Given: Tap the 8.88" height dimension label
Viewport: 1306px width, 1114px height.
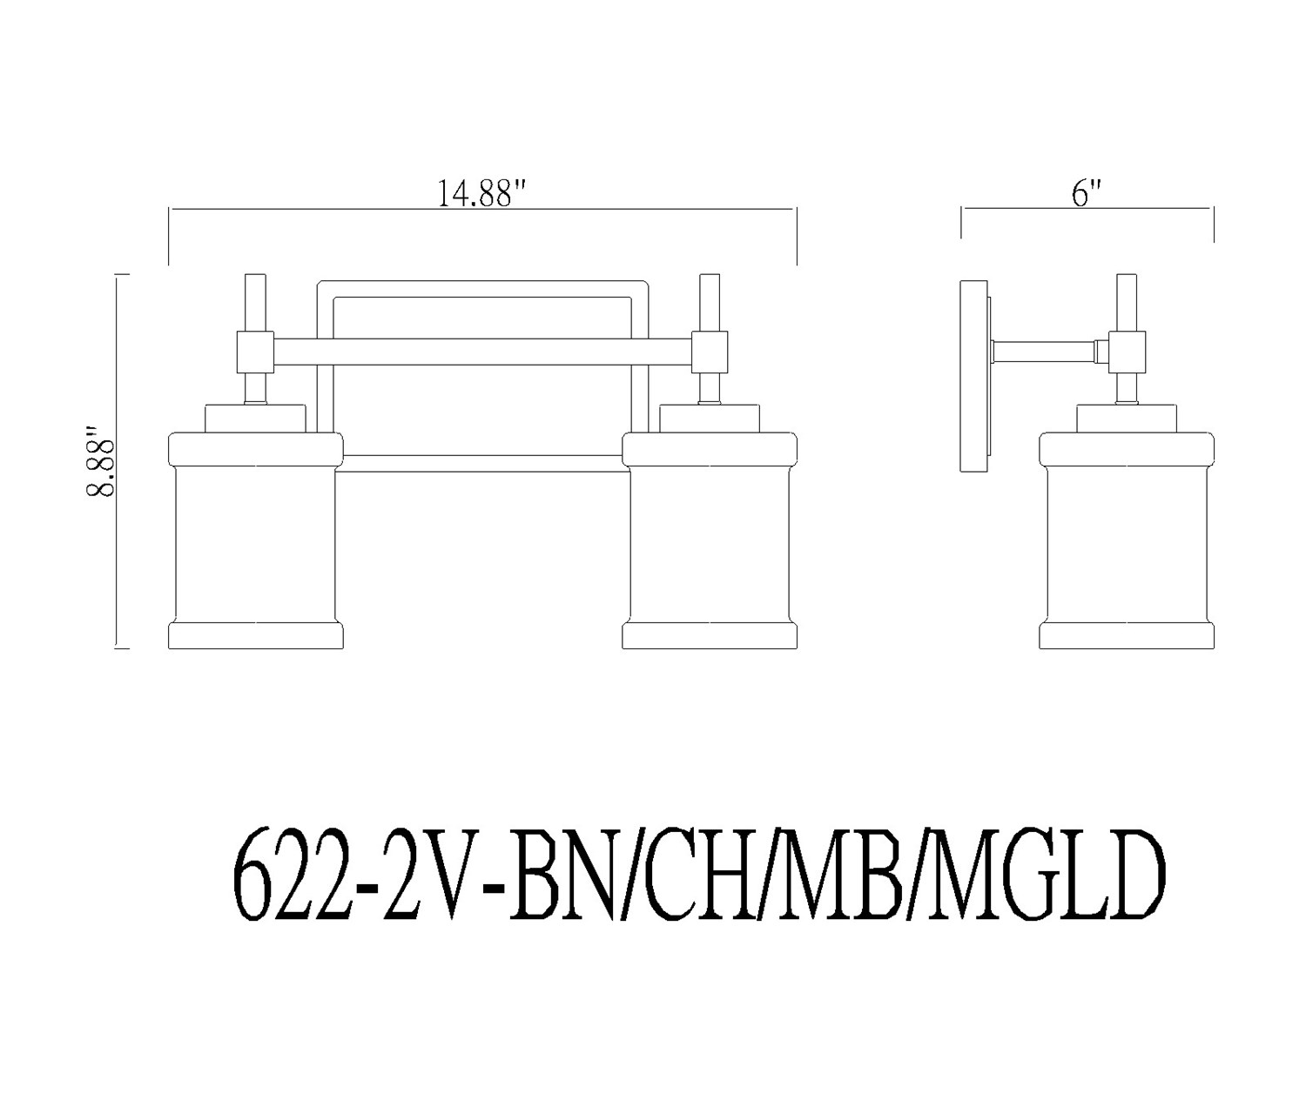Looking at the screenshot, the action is [100, 460].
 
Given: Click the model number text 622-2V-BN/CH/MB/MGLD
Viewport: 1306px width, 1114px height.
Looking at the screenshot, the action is [699, 882].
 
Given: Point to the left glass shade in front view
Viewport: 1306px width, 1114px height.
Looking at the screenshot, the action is [255, 540].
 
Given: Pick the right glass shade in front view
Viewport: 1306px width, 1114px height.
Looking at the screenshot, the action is [710, 540].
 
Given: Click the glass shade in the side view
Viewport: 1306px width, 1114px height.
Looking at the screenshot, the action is [1127, 540].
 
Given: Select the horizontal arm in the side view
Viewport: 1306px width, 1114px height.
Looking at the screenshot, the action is [1044, 352].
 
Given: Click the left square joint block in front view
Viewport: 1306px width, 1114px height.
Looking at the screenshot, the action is [255, 352].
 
